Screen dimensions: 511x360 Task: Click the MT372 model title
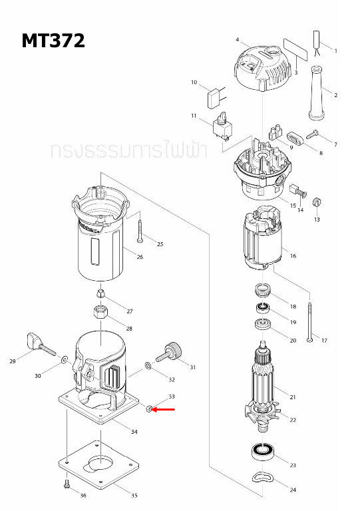coord(53,41)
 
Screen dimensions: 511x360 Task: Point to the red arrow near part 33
coord(164,410)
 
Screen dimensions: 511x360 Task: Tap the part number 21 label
coord(291,397)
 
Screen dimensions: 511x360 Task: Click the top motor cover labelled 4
coord(262,67)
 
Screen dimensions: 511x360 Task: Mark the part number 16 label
coord(293,255)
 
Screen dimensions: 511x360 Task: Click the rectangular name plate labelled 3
coord(293,50)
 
